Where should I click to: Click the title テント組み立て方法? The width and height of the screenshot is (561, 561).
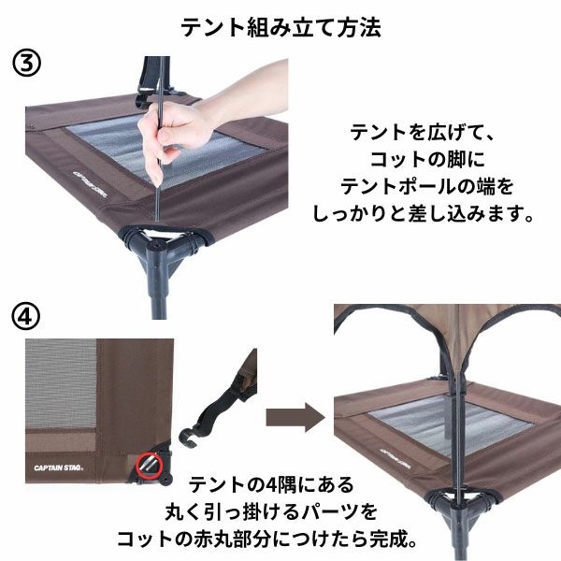coord(280,27)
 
